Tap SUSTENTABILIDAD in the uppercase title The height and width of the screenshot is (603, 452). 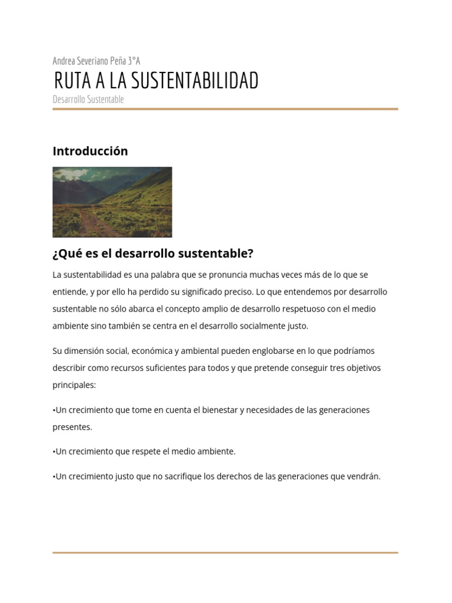(x=195, y=81)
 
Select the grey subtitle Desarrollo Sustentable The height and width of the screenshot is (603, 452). (x=88, y=99)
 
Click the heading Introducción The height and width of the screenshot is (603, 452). (x=90, y=151)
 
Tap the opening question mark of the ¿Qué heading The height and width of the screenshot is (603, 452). (x=55, y=254)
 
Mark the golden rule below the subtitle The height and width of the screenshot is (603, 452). (x=225, y=109)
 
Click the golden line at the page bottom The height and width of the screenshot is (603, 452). (x=225, y=552)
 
